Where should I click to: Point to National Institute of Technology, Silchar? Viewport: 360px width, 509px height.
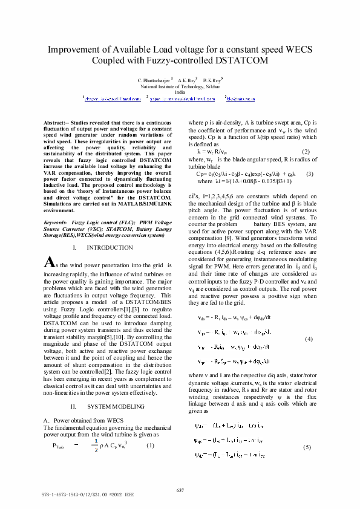(180, 86)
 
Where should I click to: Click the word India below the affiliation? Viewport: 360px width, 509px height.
(180, 92)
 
